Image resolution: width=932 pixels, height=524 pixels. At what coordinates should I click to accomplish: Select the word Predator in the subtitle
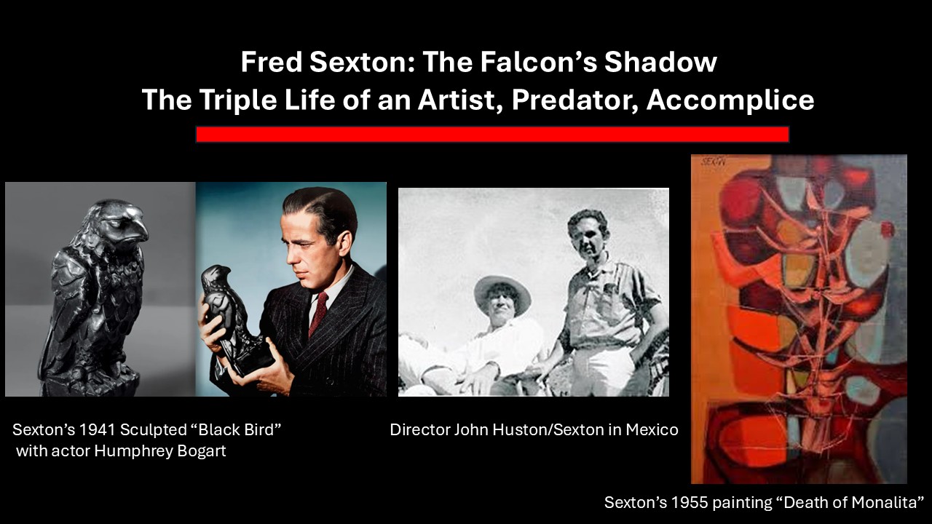click(x=573, y=100)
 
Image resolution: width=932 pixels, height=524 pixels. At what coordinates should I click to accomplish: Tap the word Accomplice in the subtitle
click(x=730, y=100)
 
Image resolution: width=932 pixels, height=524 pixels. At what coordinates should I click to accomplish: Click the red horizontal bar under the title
click(x=492, y=135)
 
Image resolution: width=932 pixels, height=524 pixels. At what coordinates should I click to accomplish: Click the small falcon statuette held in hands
click(x=222, y=313)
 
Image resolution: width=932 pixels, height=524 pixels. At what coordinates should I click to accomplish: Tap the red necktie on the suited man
click(x=318, y=313)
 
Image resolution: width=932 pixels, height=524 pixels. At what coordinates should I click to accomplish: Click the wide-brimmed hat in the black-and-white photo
click(x=502, y=291)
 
